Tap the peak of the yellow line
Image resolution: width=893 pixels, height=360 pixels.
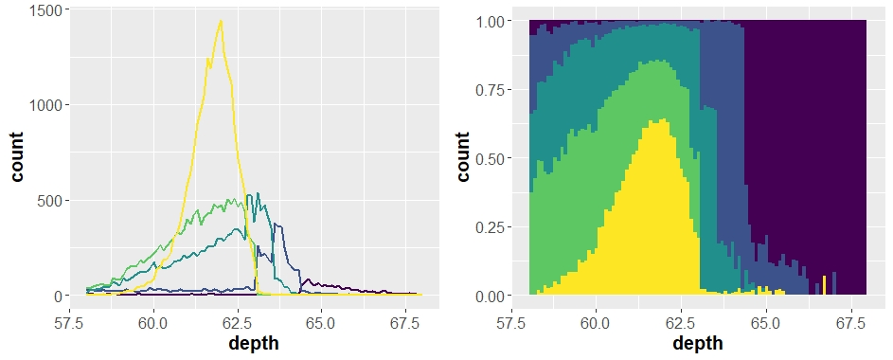pyautogui.click(x=221, y=21)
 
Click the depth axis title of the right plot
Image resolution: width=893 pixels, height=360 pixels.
pyautogui.click(x=697, y=343)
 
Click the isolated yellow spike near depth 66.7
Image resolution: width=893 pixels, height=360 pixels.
pyautogui.click(x=824, y=286)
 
